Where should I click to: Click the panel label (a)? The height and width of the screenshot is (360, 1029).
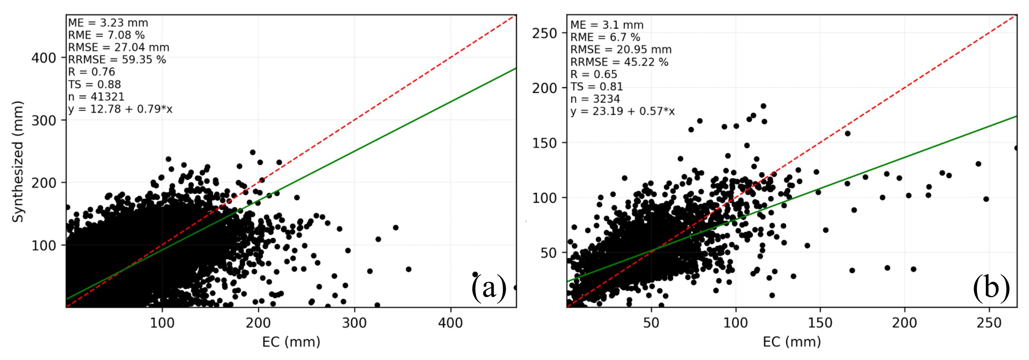[489, 288]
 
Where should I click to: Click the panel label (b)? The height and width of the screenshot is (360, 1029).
[991, 288]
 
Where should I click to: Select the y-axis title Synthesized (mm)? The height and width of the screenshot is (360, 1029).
[18, 162]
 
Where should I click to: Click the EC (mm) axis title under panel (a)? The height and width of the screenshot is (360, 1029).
[291, 342]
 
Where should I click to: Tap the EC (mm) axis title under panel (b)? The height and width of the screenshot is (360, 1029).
[792, 342]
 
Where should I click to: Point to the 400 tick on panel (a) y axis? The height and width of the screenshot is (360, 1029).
[44, 58]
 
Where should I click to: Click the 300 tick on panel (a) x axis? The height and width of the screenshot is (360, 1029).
[354, 322]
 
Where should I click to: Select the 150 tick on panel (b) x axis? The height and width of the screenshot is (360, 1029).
[820, 322]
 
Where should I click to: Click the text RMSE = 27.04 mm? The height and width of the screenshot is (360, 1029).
[119, 48]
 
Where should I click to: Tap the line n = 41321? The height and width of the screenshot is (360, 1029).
[96, 97]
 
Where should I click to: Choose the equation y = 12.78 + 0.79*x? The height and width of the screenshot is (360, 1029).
[120, 109]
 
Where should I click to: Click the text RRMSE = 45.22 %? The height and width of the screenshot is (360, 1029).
[619, 62]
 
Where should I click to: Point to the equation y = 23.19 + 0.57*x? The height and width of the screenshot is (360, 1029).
[623, 111]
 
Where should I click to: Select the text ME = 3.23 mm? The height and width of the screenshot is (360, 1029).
[108, 23]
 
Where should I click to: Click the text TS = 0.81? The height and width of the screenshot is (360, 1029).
[597, 87]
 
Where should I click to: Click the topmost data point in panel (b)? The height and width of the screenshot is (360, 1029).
[763, 106]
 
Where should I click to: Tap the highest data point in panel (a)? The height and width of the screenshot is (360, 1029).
[253, 152]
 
